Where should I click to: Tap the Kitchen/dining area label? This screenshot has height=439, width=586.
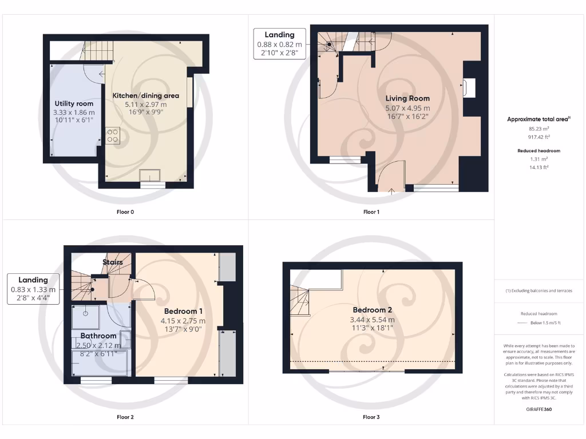pos(146,95)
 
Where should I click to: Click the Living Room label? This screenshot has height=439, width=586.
pos(407,98)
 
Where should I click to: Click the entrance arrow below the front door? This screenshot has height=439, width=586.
pos(391,191)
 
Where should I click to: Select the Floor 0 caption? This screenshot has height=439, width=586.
pos(125,212)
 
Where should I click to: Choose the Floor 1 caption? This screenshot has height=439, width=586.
pos(371,212)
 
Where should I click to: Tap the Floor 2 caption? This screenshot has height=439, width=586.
pos(125,417)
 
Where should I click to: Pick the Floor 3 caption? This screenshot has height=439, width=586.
pos(371,417)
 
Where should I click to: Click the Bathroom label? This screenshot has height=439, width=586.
pos(98,336)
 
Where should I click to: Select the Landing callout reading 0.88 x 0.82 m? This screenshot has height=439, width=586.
pos(280,44)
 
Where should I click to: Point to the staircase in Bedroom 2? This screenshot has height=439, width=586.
pos(299,301)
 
